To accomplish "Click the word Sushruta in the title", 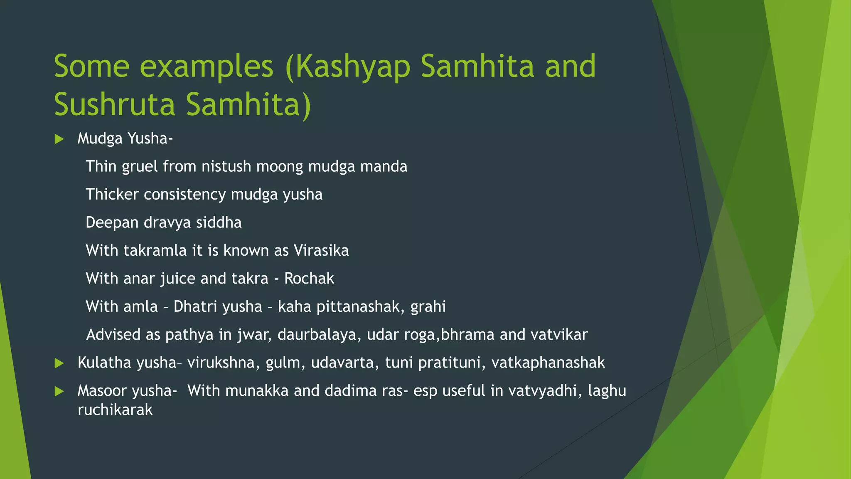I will (115, 105).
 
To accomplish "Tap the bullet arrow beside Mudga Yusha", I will (59, 139).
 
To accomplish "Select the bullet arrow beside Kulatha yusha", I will (59, 363).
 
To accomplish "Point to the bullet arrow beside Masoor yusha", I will (59, 391).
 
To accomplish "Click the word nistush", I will (226, 167).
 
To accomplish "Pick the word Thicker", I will (112, 195).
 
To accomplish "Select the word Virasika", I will (321, 251).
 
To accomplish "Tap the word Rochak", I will (309, 279).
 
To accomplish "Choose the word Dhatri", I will (195, 307).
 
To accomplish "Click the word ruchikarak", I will (115, 410).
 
